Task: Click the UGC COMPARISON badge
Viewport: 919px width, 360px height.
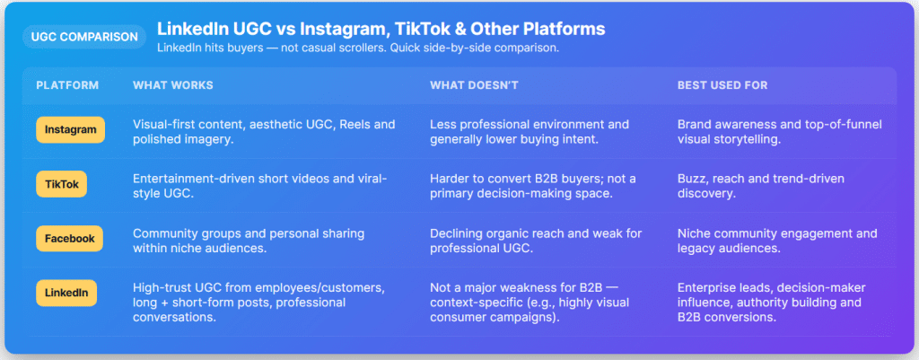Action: (x=84, y=37)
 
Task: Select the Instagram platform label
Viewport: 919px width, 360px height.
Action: (x=71, y=130)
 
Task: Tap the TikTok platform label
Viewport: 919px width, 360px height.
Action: (x=63, y=185)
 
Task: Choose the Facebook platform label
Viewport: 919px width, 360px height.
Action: (x=70, y=239)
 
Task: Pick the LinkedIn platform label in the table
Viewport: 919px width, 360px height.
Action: (x=66, y=293)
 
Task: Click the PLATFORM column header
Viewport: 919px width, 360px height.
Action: (x=67, y=85)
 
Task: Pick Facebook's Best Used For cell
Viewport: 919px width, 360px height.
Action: (x=776, y=240)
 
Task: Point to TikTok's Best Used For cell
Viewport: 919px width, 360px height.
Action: (x=760, y=186)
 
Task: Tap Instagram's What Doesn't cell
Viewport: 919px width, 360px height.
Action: (x=529, y=131)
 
